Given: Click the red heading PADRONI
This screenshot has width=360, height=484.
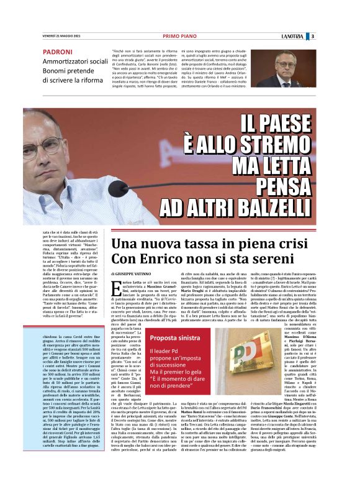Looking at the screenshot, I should [x=58, y=52].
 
